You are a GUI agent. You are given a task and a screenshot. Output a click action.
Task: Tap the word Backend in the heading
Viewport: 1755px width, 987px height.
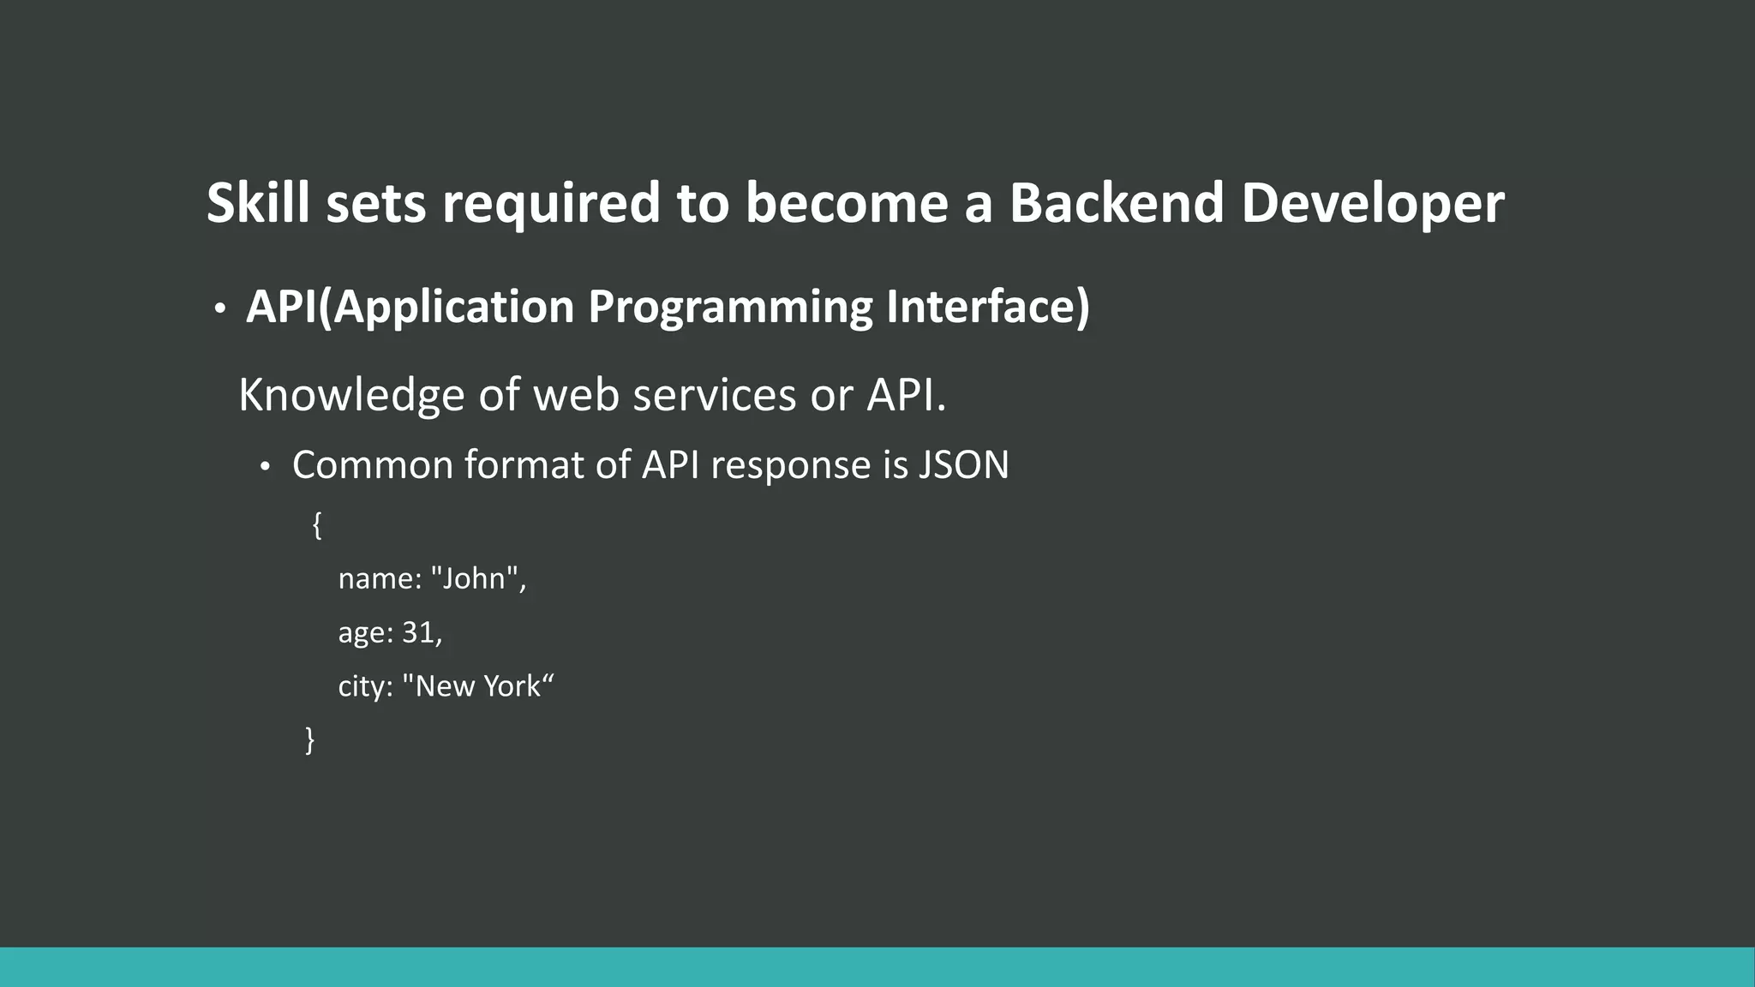coord(1116,203)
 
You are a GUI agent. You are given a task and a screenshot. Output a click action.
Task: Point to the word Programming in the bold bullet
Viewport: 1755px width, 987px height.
coord(729,308)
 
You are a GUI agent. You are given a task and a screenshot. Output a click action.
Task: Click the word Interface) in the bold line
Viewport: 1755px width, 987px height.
coord(987,306)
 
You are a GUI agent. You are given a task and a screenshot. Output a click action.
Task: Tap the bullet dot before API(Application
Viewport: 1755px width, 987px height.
coord(220,308)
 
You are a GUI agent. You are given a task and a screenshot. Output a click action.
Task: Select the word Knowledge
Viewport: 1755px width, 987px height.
coord(350,396)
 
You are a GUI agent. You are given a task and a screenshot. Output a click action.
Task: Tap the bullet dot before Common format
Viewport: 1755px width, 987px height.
coord(265,467)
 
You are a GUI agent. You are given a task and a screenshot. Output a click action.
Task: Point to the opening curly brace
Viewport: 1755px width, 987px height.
coord(317,524)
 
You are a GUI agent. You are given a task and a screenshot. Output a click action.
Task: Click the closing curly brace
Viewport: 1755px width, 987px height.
coord(310,739)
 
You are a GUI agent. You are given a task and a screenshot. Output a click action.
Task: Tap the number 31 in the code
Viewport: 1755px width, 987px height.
coord(418,632)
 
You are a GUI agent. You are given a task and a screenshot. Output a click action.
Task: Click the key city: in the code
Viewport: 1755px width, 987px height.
coord(365,686)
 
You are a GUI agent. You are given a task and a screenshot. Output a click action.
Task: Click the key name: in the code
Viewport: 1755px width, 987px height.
coord(380,579)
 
